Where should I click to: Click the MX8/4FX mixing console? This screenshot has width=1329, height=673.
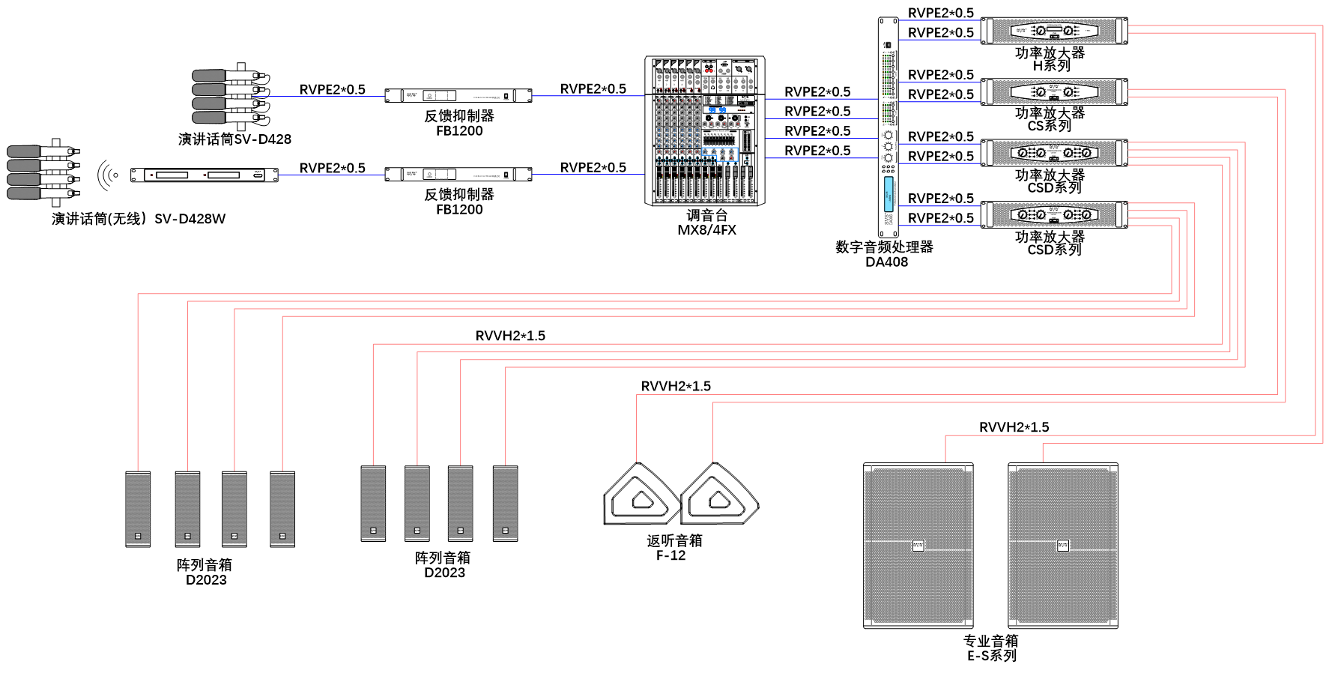705,130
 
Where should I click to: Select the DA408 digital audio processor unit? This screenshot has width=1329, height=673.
888,127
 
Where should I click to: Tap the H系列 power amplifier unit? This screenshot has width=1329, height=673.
1054,31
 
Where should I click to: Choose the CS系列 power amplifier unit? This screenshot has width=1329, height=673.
1054,92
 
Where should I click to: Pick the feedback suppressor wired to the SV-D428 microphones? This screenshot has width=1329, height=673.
458,95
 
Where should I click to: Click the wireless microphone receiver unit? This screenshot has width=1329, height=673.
205,175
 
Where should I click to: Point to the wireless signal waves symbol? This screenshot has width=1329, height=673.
108,175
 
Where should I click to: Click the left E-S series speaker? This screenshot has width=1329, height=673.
918,546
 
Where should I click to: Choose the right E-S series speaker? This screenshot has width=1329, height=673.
1063,546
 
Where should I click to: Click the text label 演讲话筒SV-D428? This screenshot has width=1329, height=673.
234,139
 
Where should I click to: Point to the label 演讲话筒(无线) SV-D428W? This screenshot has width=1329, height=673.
139,219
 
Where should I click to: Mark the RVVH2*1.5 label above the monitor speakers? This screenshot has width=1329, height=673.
676,386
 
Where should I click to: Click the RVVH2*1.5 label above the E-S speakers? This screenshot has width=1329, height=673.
1014,427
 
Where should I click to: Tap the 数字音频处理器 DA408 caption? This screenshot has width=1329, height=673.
885,254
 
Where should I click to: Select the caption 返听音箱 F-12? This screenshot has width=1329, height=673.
673,548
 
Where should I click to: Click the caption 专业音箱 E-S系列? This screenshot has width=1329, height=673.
990,648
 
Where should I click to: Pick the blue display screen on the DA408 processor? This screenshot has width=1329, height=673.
888,194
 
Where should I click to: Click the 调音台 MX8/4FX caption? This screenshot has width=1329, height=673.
706,223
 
